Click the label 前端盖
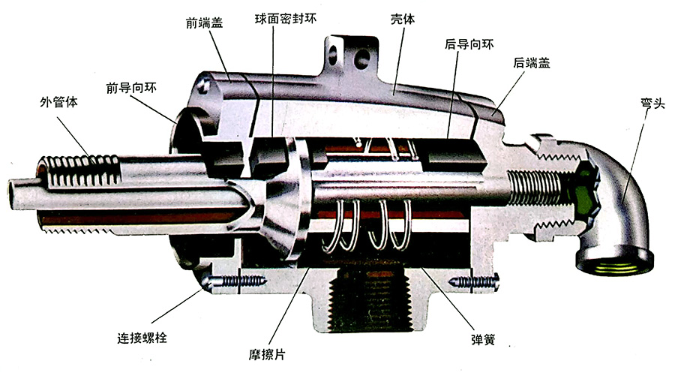(x=204, y=23)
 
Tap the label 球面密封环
(x=286, y=19)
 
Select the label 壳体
(x=403, y=19)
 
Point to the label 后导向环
(x=469, y=44)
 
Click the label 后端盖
(x=531, y=62)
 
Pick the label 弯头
(x=652, y=104)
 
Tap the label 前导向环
(x=131, y=88)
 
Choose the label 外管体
(x=58, y=102)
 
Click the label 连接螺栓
(x=142, y=337)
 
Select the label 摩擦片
(x=267, y=354)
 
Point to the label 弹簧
(x=483, y=339)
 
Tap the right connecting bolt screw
(x=473, y=282)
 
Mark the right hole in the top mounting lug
(x=361, y=57)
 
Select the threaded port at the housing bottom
(x=369, y=299)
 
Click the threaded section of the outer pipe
(x=79, y=171)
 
